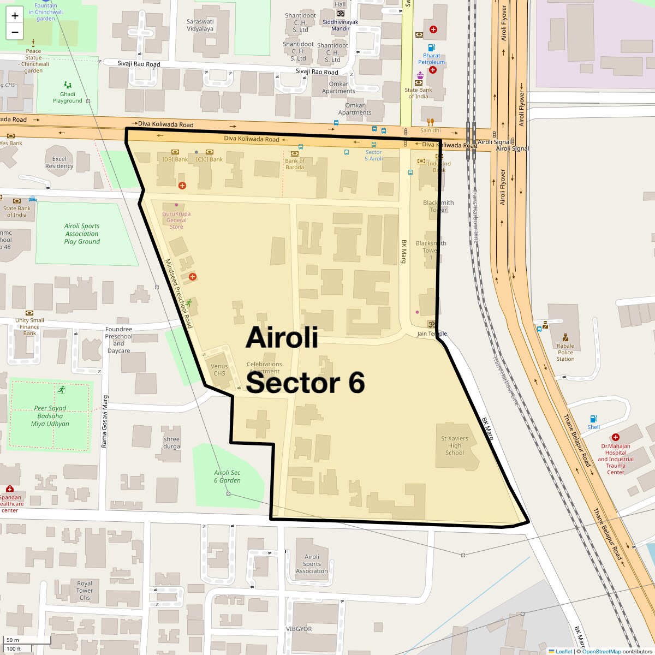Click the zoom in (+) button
click(x=15, y=16)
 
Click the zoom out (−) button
click(x=15, y=32)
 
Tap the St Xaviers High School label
click(x=455, y=445)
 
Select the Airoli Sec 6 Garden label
click(x=227, y=477)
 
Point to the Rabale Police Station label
click(x=565, y=352)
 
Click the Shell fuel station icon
click(x=593, y=419)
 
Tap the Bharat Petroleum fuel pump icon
click(x=431, y=47)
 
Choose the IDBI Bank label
click(x=175, y=159)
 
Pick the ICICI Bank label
click(x=210, y=159)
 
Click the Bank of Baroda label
click(x=295, y=164)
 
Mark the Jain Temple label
click(x=432, y=334)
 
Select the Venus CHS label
click(x=219, y=370)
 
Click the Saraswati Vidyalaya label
click(x=200, y=25)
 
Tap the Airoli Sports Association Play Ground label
click(x=82, y=234)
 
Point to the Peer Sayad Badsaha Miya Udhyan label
click(x=50, y=416)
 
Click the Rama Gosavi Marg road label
click(x=104, y=421)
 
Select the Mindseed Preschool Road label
click(x=179, y=293)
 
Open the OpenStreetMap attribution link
click(x=601, y=651)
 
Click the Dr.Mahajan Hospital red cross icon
click(x=616, y=437)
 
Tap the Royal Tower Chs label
click(x=85, y=591)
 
